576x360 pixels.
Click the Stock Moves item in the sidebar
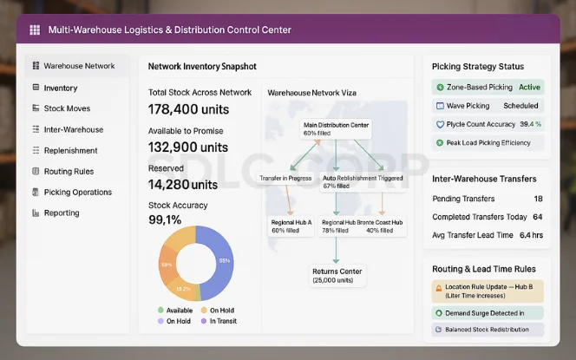click(x=66, y=108)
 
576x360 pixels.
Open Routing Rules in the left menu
click(x=69, y=171)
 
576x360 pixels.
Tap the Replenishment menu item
click(x=70, y=150)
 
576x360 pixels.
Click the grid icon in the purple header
click(x=35, y=29)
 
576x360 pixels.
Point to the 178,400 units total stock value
click(x=190, y=108)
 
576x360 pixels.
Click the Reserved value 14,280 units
click(x=183, y=184)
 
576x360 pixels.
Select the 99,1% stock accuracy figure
click(x=171, y=219)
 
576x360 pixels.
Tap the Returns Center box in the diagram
click(x=337, y=276)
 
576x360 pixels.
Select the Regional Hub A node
click(x=291, y=226)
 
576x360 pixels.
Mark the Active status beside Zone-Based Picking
click(x=529, y=88)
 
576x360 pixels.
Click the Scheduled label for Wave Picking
click(x=520, y=106)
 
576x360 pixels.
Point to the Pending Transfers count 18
click(x=538, y=199)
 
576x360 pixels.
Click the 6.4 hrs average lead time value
click(x=531, y=235)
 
